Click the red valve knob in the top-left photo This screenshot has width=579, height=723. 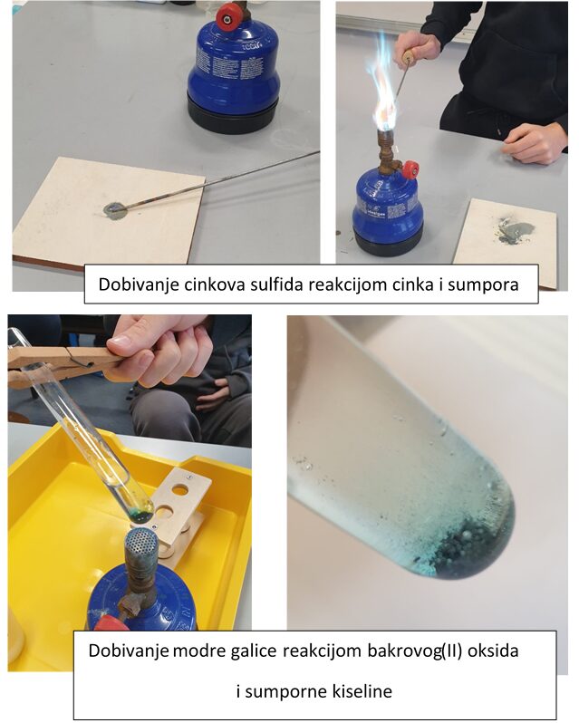tap(228, 17)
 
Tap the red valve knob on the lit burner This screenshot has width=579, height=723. tap(410, 170)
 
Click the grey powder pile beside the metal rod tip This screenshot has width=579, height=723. tap(115, 210)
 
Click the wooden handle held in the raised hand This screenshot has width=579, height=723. tap(408, 58)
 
